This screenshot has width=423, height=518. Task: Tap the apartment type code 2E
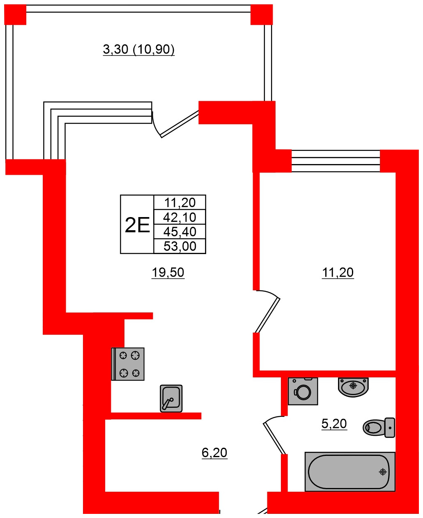(x=137, y=225)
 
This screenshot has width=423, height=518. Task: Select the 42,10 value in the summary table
(x=179, y=217)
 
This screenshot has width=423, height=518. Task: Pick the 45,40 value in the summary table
(x=179, y=231)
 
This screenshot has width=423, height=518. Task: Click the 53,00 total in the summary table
(x=179, y=246)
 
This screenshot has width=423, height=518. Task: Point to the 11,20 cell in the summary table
(x=179, y=202)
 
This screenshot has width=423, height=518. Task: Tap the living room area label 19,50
(x=168, y=272)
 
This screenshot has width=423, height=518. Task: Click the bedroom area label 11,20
(x=338, y=272)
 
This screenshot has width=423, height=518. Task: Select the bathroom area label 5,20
(x=334, y=423)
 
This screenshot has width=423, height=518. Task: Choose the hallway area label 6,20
(x=214, y=453)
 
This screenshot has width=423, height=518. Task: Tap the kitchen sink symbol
(x=171, y=398)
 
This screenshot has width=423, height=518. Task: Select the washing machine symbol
(x=303, y=391)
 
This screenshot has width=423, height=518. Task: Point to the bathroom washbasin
(x=353, y=386)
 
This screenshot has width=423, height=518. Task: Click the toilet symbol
(x=379, y=428)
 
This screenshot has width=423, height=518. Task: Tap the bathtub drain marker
(x=383, y=472)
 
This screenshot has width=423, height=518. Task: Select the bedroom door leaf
(x=267, y=315)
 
